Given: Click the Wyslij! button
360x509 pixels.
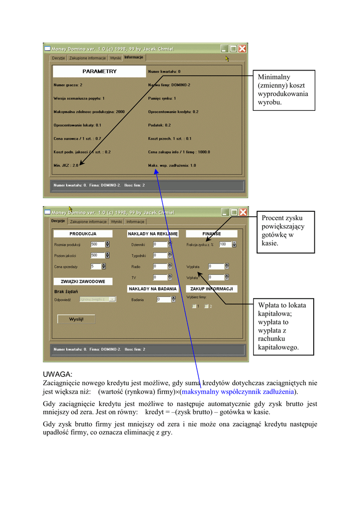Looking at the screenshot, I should click(x=76, y=319).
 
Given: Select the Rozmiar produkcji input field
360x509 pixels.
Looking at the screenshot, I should click(x=97, y=245).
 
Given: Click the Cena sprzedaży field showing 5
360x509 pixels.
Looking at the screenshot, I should click(x=95, y=266).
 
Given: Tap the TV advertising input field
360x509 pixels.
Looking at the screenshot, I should click(x=160, y=277).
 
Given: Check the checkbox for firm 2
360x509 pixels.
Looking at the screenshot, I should click(x=206, y=306).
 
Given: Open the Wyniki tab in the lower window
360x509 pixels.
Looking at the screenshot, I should click(x=116, y=222).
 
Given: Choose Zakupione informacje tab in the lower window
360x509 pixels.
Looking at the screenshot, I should click(x=88, y=222).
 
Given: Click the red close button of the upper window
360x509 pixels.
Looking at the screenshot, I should click(x=242, y=49).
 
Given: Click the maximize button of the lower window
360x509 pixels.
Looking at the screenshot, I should click(x=233, y=212).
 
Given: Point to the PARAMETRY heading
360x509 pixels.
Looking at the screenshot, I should click(x=99, y=72).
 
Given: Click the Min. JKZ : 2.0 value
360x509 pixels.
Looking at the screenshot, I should click(x=66, y=165).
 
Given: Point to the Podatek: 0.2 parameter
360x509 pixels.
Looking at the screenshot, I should click(x=159, y=125).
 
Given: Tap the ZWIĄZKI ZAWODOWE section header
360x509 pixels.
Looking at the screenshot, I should click(x=83, y=281).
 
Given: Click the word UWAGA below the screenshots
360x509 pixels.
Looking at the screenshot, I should click(x=58, y=374).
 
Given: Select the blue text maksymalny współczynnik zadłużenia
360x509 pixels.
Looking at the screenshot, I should click(x=237, y=392).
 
